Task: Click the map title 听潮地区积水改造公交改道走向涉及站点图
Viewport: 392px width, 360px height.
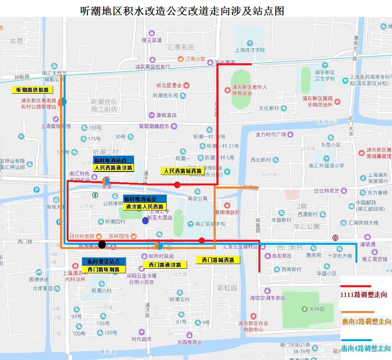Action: (x=182, y=10)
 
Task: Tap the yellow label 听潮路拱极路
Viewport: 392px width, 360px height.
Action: (x=32, y=90)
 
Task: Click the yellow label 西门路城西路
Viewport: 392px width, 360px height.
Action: (x=218, y=260)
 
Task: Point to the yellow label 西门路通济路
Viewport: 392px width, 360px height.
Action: (x=165, y=265)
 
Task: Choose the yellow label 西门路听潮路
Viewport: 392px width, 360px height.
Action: (x=104, y=269)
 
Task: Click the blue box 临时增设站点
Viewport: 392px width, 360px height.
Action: (x=104, y=261)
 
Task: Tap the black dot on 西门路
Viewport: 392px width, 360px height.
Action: (x=102, y=244)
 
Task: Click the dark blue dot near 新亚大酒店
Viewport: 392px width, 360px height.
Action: (x=145, y=220)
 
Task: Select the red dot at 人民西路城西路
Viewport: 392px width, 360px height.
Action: (x=177, y=185)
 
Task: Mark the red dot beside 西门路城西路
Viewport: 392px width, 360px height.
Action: (x=202, y=241)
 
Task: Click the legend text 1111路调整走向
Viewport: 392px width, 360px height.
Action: (x=364, y=294)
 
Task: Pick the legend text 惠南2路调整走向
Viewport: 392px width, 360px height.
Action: (x=366, y=321)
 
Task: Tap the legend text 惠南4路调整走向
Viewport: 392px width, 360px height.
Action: (x=366, y=348)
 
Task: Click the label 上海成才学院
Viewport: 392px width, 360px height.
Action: (x=250, y=50)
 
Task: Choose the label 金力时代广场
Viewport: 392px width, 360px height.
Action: (x=271, y=135)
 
